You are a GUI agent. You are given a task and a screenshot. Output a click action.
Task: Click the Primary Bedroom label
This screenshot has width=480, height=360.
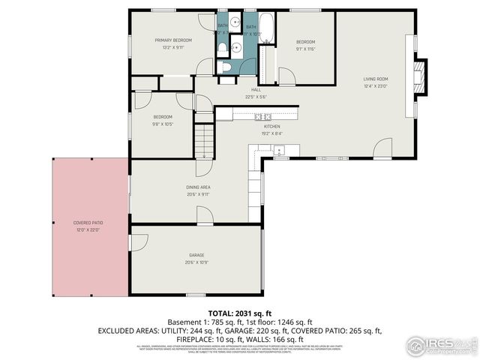(173, 40)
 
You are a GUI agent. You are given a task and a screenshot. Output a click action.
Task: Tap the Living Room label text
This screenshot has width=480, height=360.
(375, 78)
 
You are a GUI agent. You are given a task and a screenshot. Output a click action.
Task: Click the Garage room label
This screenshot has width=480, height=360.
(196, 256)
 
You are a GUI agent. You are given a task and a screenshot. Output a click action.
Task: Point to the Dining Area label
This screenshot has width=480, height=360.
(198, 187)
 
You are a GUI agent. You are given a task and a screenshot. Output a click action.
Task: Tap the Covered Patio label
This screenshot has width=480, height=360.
(88, 223)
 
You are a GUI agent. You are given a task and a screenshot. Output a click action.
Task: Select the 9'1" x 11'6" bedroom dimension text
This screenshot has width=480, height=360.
(305, 49)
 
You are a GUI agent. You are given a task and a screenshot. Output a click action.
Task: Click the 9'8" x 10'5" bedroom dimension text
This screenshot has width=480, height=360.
(163, 124)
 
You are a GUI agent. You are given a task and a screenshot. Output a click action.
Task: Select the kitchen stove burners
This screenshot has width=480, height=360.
(262, 116)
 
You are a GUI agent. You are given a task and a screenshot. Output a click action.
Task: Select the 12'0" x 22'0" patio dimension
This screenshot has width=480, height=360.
(88, 229)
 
